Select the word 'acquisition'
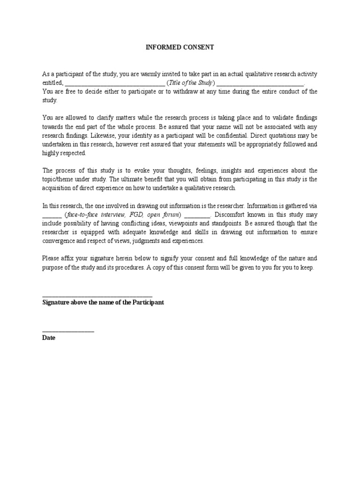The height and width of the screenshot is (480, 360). tap(58, 188)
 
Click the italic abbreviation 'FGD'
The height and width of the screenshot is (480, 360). tap(134, 214)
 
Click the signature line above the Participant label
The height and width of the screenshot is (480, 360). tap(97, 296)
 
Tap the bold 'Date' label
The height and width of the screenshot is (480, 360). tap(49, 337)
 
